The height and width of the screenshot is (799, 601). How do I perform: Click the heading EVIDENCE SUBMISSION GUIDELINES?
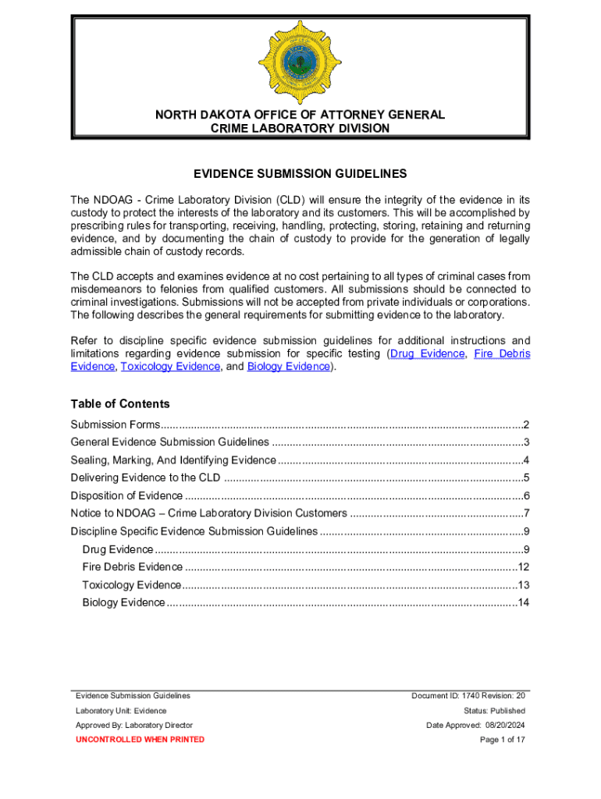tap(300, 174)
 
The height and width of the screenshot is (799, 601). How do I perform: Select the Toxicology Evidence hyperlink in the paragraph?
tap(170, 366)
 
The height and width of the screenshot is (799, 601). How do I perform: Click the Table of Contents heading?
tap(119, 403)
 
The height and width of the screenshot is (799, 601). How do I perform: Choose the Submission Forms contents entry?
tap(115, 424)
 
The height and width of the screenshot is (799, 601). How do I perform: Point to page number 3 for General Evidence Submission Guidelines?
tap(527, 442)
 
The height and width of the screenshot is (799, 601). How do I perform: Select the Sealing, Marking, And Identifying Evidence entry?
tap(172, 460)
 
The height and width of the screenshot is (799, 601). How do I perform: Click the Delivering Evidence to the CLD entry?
tap(145, 478)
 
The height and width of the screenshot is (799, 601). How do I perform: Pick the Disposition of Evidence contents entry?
tap(126, 496)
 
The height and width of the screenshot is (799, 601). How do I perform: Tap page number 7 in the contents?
tap(527, 513)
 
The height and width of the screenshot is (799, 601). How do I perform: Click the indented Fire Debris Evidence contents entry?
tap(132, 567)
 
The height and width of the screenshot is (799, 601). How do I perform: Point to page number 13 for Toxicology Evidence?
tap(524, 585)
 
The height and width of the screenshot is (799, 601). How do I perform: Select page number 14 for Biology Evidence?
tap(524, 602)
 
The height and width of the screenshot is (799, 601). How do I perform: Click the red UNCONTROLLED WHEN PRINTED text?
tap(140, 739)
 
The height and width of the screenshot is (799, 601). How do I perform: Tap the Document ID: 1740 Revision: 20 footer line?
tap(468, 695)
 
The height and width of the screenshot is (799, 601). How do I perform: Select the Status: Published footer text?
tap(494, 711)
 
